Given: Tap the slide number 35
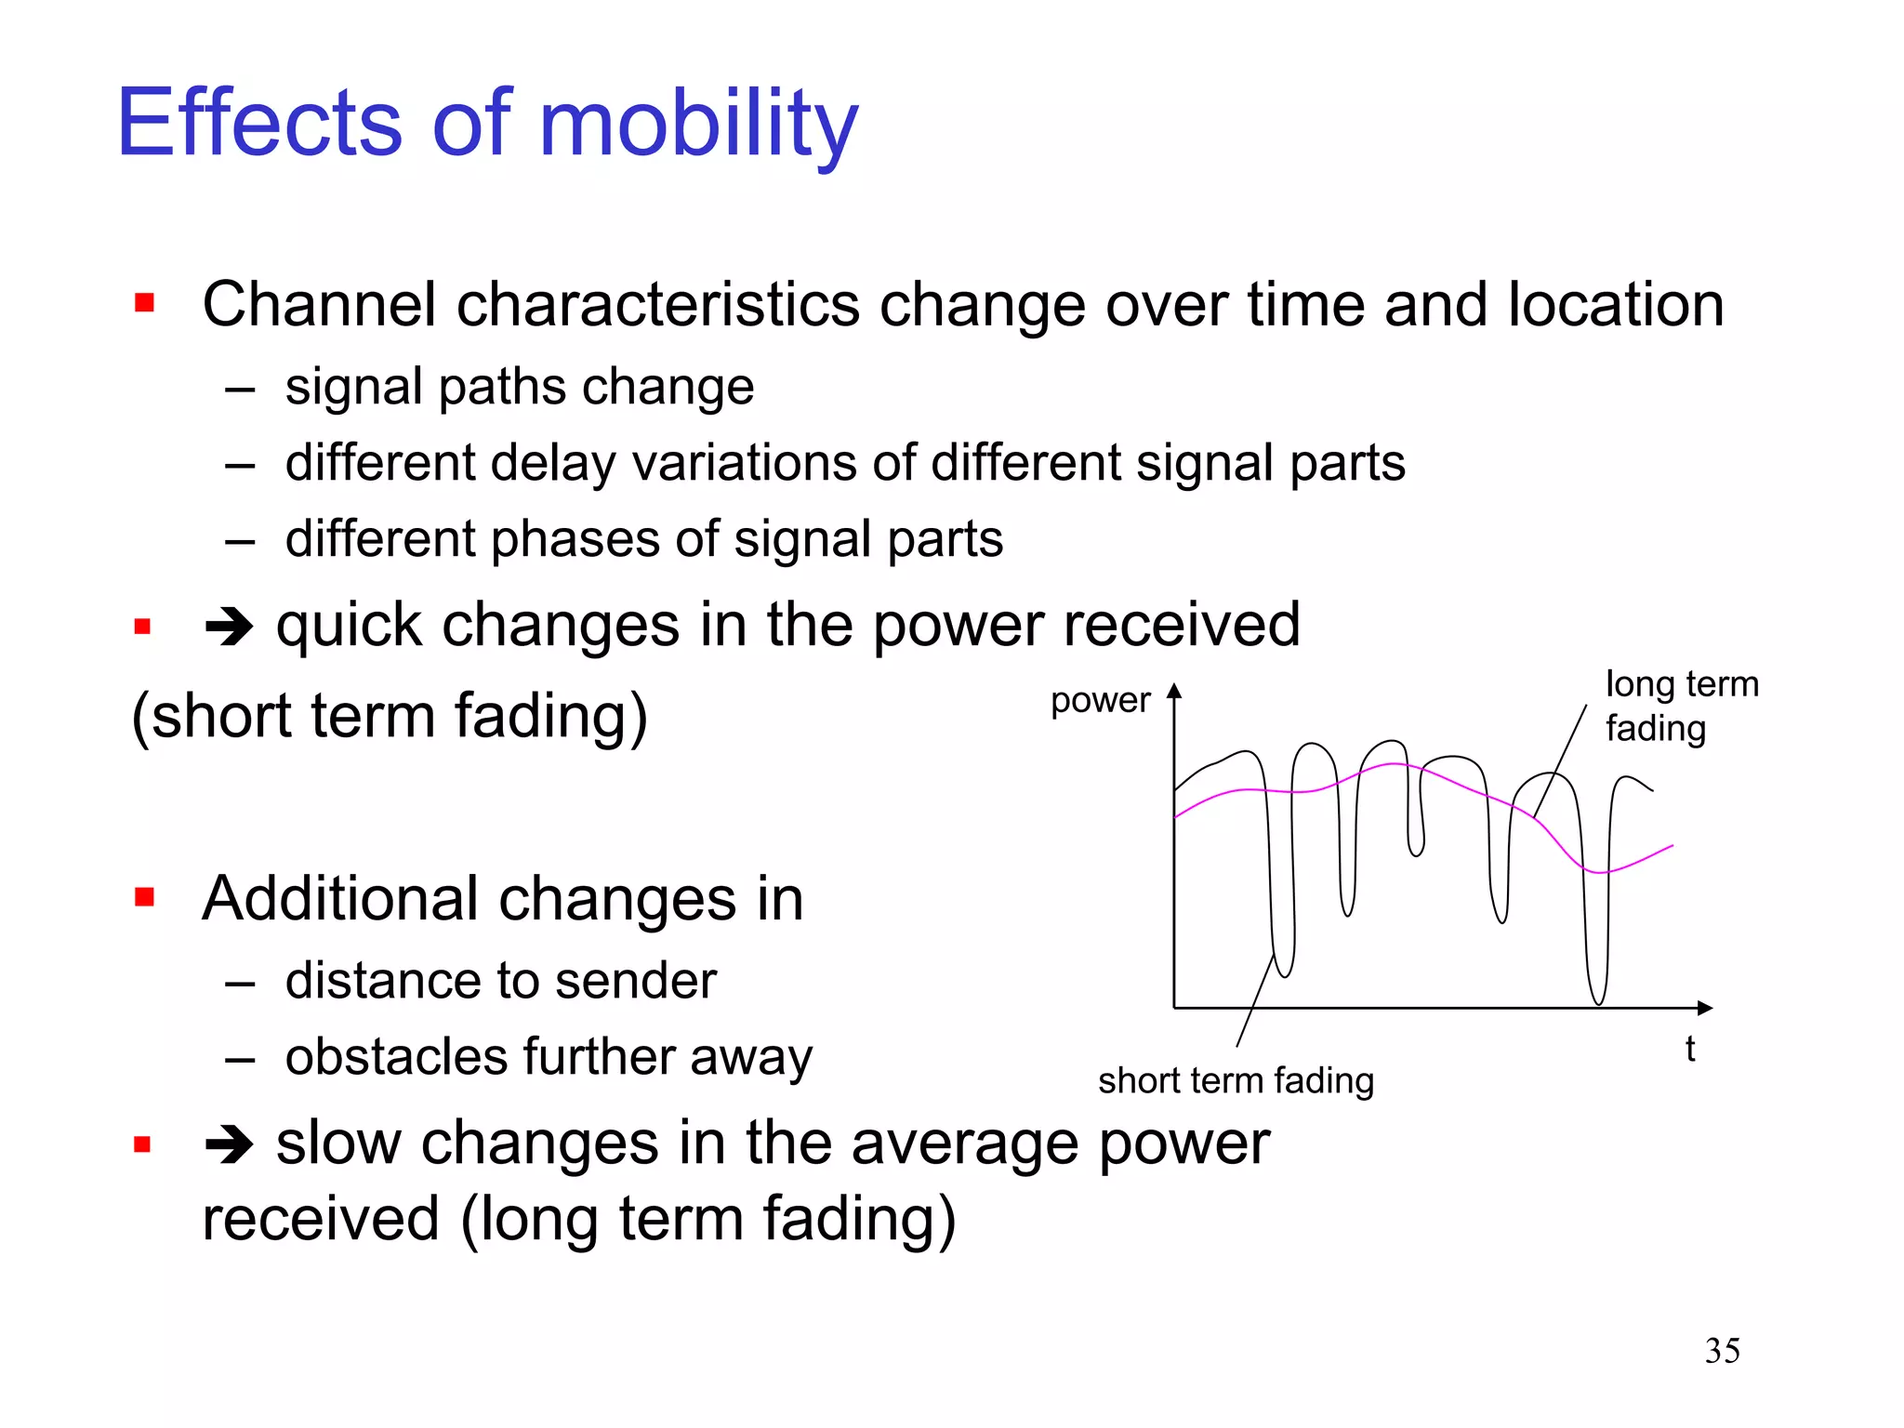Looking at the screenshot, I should pos(1722,1351).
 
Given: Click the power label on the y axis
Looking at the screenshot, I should pos(1100,701).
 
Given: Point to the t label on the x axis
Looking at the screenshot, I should pos(1689,1050).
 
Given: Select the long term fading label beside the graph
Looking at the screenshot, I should pos(1681,707).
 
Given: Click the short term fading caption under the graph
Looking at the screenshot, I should pos(1236,1081).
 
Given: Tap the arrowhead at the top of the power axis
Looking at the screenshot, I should pos(1174,691).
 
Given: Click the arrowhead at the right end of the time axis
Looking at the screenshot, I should pos(1704,1008).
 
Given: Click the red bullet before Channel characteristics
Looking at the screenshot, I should pos(144,303).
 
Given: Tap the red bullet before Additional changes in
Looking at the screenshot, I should pos(144,897).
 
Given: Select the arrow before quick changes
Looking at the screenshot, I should pos(229,627).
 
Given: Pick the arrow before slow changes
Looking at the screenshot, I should pos(229,1144).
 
